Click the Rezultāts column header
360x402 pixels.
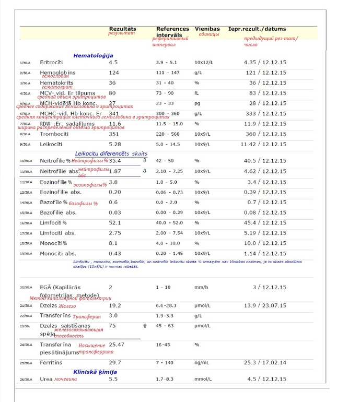122,29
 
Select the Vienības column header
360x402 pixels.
207,29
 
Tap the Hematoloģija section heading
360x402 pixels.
93,55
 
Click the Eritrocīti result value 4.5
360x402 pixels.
113,63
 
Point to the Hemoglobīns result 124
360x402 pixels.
114,73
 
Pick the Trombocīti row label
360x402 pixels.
55,134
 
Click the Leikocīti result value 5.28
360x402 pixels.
115,144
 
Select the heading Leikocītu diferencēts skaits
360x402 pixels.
111,154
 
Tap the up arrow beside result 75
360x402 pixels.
145,325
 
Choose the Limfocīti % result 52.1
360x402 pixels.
115,222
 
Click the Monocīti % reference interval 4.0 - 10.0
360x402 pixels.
168,243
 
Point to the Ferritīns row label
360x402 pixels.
54,362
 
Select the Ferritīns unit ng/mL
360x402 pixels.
202,362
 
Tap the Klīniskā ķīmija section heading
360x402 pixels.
95,372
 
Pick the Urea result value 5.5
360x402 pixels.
113,379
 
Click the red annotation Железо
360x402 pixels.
67,306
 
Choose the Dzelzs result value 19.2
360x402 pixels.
115,305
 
